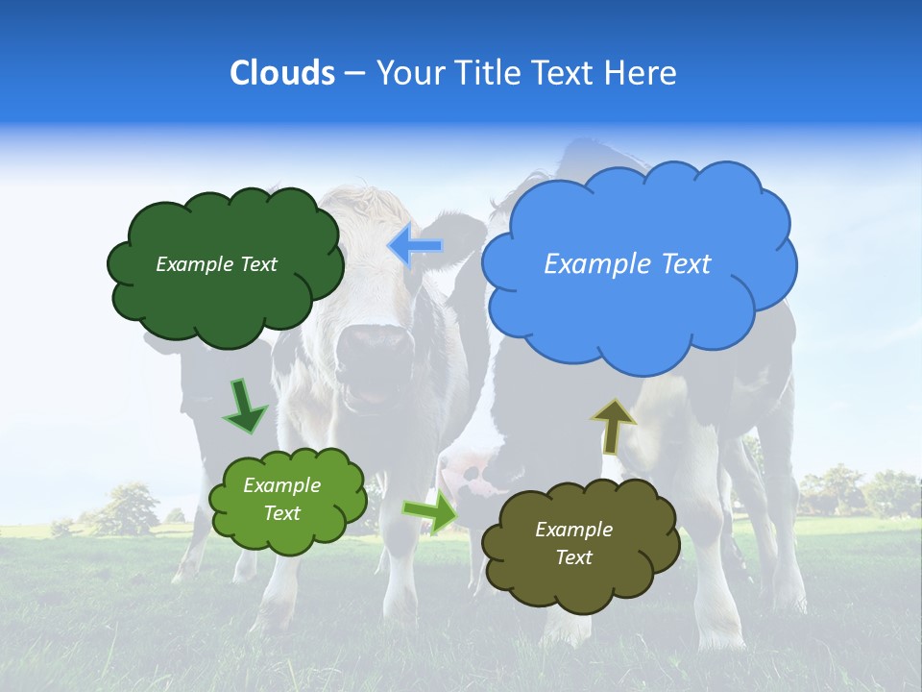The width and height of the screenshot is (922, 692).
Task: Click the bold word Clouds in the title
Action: (281, 73)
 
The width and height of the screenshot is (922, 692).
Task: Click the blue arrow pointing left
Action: (415, 246)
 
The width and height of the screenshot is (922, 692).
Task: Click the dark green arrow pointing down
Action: (244, 405)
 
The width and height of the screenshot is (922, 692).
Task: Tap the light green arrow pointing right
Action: (430, 512)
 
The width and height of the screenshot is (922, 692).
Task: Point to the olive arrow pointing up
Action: (613, 426)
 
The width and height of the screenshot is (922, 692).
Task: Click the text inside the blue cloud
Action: (627, 264)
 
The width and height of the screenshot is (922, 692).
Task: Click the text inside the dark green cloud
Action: (216, 264)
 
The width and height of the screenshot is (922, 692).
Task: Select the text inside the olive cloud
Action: (573, 543)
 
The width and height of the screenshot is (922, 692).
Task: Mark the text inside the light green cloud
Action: (281, 500)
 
